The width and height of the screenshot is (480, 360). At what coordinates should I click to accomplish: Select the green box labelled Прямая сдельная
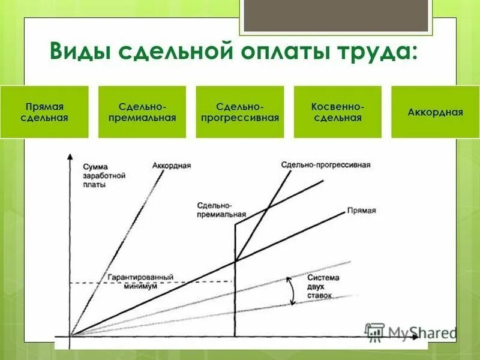44,112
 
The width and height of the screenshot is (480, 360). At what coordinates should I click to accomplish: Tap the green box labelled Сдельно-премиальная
142,112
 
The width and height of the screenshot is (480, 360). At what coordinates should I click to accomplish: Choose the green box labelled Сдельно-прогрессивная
240,112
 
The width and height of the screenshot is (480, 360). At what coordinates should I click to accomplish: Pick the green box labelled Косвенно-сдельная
338,112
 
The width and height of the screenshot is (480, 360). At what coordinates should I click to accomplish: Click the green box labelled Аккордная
435,112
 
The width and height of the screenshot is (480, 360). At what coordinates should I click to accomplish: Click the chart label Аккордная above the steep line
172,165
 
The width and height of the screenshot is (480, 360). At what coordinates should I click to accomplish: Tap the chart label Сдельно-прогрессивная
326,164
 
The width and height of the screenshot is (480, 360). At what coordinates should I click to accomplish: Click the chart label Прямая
361,211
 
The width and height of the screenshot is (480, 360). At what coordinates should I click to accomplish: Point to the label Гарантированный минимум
141,282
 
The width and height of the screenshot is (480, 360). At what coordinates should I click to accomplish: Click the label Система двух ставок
323,287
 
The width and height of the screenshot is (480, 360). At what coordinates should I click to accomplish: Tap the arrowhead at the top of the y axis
70,157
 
